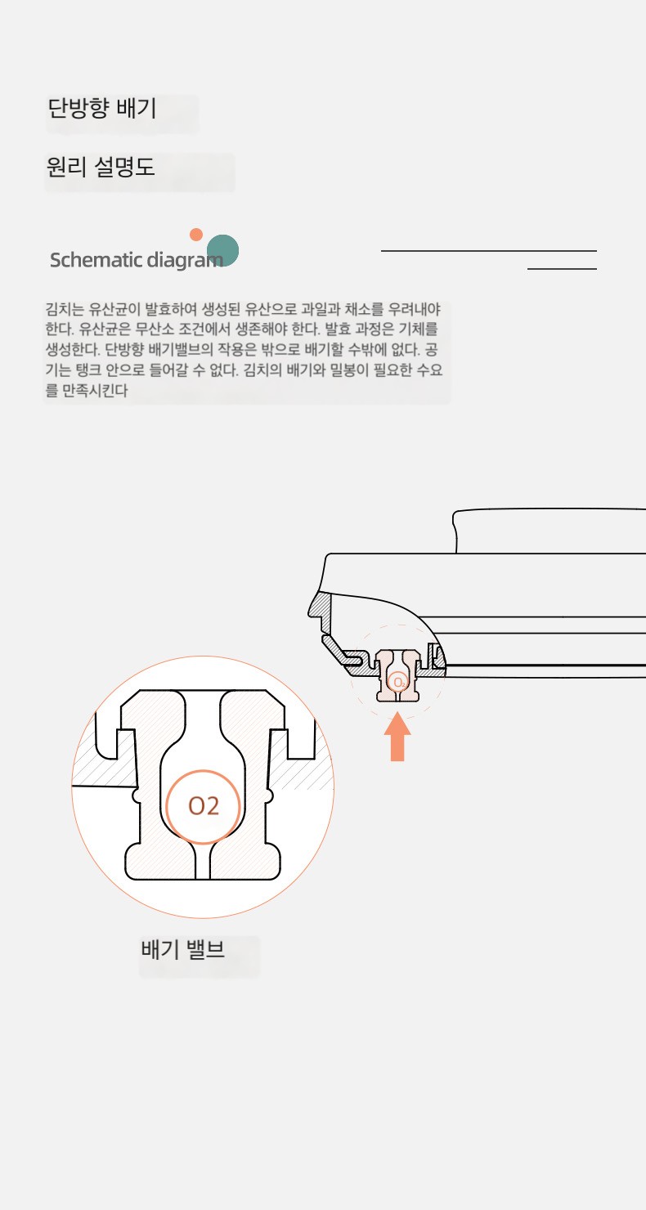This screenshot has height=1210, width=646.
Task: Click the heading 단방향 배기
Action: [102, 108]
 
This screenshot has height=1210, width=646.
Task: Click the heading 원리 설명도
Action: [101, 167]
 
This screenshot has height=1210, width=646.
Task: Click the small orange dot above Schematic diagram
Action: [196, 235]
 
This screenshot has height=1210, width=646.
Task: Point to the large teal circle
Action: [223, 250]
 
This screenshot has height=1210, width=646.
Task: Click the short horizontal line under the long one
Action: [562, 268]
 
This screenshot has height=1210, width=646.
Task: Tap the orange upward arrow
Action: [397, 737]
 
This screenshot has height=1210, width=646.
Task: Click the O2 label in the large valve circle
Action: [204, 806]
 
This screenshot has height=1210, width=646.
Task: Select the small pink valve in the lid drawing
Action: [397, 675]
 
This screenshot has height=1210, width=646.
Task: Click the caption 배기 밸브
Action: [182, 949]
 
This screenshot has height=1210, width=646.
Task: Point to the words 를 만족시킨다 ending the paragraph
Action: [87, 391]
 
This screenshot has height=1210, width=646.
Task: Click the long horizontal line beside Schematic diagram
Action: [489, 251]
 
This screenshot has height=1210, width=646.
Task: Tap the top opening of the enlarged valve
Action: [203, 702]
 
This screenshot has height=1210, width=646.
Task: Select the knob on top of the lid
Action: [549, 531]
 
